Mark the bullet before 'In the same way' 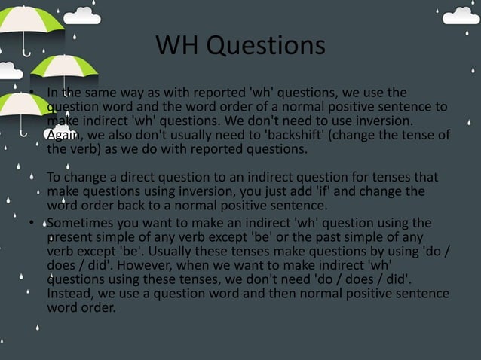[32, 95]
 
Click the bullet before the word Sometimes [32, 224]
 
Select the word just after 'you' [273, 191]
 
